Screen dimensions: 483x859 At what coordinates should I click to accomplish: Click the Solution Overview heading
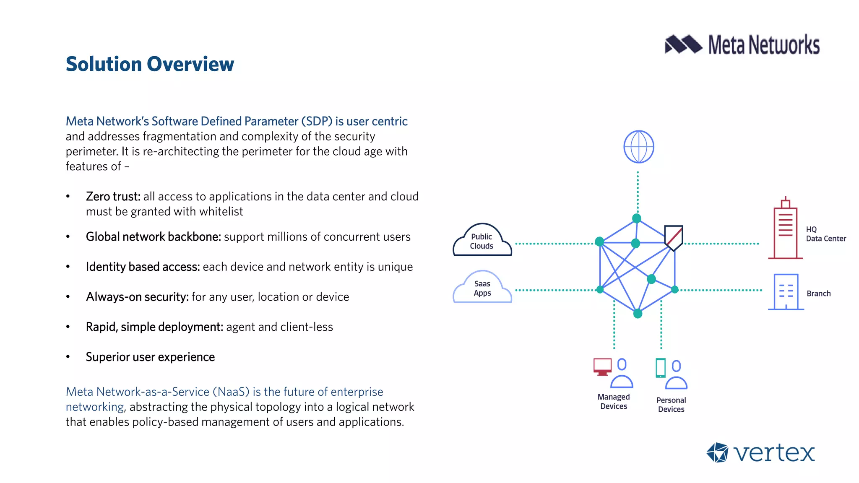coord(150,64)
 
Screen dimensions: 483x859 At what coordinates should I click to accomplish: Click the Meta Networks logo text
coord(763,45)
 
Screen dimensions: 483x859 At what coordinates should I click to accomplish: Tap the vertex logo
coord(760,453)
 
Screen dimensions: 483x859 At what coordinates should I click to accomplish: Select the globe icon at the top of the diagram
coord(638,147)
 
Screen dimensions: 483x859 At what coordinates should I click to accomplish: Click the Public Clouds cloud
coord(482,241)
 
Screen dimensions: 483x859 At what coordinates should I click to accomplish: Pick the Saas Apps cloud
coord(482,288)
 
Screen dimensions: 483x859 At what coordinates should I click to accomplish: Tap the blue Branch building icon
coord(786,292)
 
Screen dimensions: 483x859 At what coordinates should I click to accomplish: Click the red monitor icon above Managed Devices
coord(602,366)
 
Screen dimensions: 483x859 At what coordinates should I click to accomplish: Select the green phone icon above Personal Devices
coord(660,368)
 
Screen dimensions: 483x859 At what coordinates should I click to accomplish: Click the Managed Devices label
coord(614,401)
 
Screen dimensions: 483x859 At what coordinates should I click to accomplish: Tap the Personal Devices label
coord(671,405)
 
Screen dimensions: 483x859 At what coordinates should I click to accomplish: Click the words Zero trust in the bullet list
coord(113,196)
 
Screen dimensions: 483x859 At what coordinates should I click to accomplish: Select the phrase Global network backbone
coord(153,236)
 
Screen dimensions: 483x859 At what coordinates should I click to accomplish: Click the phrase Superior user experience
coord(150,357)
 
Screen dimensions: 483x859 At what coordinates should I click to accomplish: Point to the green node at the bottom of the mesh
coord(638,314)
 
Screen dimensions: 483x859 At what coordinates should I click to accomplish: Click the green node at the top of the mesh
coord(637,218)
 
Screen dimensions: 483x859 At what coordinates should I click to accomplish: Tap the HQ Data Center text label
coord(825,234)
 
